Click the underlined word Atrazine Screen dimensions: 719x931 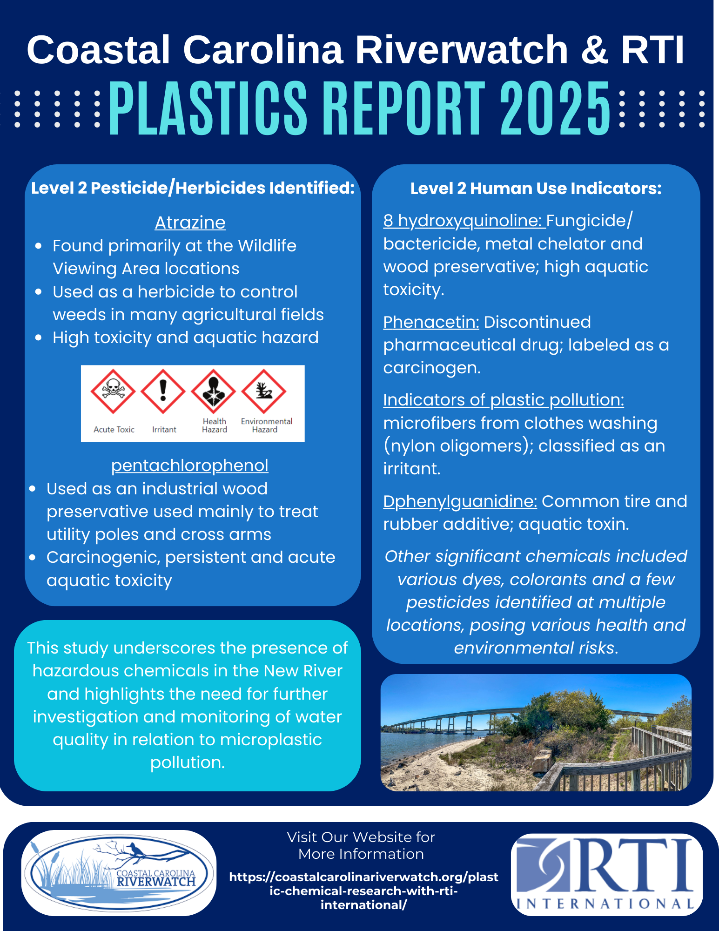click(190, 223)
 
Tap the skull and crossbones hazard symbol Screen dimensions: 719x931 click(113, 391)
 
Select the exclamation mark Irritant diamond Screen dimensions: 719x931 click(163, 391)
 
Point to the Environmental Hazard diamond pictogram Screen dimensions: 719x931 click(264, 391)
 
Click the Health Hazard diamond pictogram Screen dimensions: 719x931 click(214, 391)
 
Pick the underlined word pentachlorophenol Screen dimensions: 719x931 click(190, 465)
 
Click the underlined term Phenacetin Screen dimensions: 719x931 click(431, 322)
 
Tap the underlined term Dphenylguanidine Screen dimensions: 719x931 click(460, 501)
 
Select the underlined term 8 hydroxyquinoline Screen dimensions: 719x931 click(464, 221)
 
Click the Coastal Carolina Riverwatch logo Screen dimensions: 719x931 click(119, 873)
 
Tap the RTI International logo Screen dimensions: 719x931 click(606, 874)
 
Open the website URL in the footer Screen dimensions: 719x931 click(364, 891)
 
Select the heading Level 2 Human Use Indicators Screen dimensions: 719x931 click(536, 189)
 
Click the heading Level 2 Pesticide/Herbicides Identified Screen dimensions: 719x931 click(193, 188)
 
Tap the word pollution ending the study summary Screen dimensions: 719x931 click(188, 762)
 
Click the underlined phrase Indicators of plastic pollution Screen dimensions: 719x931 click(504, 400)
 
